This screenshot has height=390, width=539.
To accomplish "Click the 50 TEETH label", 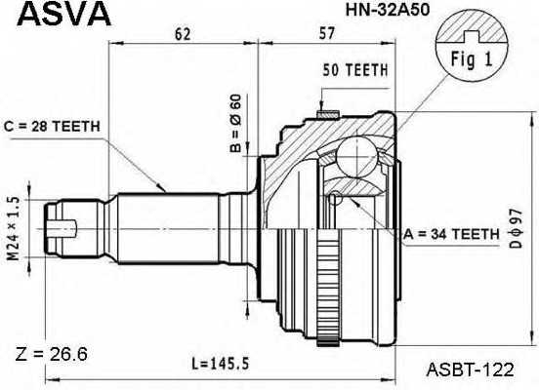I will click(354, 70).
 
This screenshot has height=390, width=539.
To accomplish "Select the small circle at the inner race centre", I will click(334, 199).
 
